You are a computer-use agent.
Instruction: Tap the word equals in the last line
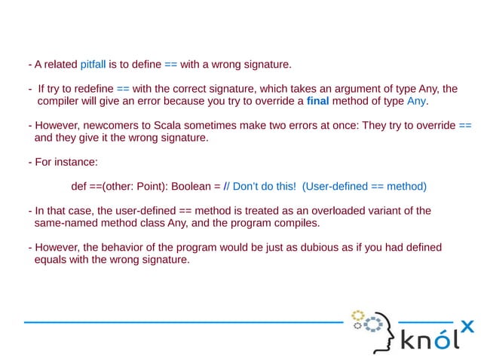pos(51,260)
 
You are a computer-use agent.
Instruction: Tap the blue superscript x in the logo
pos(467,325)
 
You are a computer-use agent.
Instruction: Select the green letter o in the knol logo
pos(442,343)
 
